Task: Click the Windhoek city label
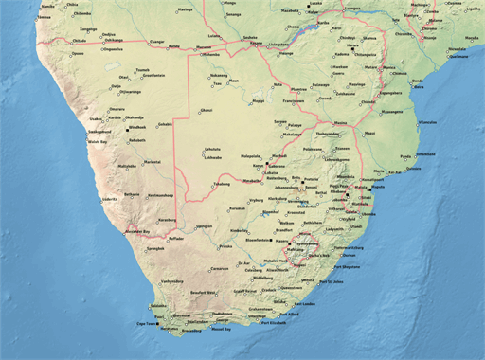pyautogui.click(x=138, y=127)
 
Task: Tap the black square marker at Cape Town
pyautogui.click(x=157, y=325)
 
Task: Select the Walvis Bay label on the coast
pyautogui.click(x=99, y=141)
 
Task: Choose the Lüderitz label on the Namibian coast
pyautogui.click(x=110, y=200)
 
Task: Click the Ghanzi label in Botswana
pyautogui.click(x=207, y=111)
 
